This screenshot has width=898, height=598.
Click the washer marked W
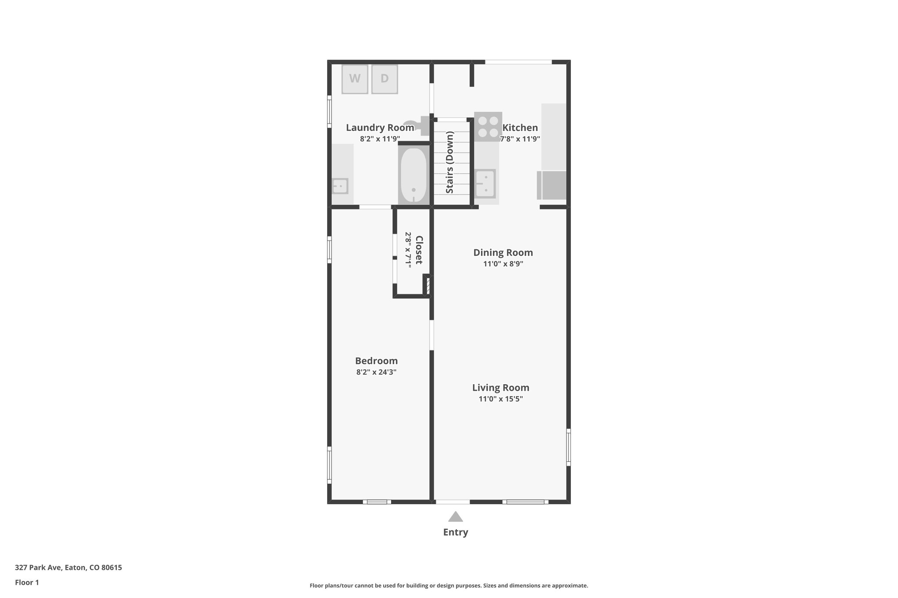coord(355,79)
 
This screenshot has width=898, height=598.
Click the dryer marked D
coord(385,79)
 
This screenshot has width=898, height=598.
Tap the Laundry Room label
coord(380,127)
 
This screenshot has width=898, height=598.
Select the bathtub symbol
coord(413,175)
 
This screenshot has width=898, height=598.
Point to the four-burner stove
coord(488,126)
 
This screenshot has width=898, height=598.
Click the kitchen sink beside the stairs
coord(485,184)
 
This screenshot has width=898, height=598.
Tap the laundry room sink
coord(340,186)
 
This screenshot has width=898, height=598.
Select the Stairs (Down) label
coord(449,162)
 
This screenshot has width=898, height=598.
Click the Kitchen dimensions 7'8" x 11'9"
coord(520,139)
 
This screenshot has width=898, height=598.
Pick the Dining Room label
coord(503,252)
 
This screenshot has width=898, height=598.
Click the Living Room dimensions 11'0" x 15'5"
coord(501,399)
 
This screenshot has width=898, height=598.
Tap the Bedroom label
coord(376,361)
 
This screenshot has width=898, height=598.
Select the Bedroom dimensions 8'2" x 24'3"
coord(376,372)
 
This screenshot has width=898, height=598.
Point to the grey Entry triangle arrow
coord(456,517)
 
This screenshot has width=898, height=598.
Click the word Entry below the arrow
coord(456,532)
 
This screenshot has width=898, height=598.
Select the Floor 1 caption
coord(27,582)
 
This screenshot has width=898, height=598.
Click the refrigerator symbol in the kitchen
coord(552,185)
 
